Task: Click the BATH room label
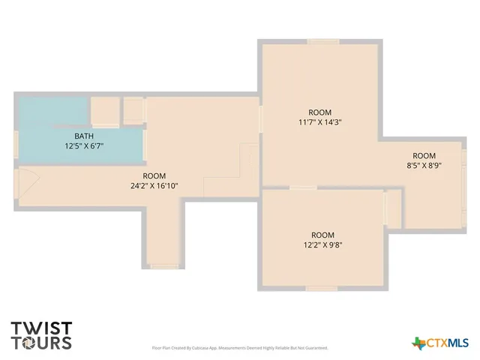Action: tap(85, 136)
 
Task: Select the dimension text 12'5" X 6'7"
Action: tap(85, 146)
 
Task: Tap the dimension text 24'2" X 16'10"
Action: tap(154, 186)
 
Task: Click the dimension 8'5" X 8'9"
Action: tap(424, 166)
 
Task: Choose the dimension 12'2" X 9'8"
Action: tap(322, 244)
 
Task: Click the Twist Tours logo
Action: tap(41, 335)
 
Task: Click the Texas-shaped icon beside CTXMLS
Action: tap(418, 343)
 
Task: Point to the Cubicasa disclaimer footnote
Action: tap(240, 348)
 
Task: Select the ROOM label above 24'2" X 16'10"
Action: tap(154, 175)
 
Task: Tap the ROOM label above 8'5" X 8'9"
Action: tap(424, 155)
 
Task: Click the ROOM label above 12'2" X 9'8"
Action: tap(322, 234)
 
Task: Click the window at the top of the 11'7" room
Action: tap(322, 41)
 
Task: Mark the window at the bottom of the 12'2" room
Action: tap(321, 288)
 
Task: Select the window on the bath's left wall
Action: tap(16, 143)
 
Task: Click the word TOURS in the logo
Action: tap(41, 343)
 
